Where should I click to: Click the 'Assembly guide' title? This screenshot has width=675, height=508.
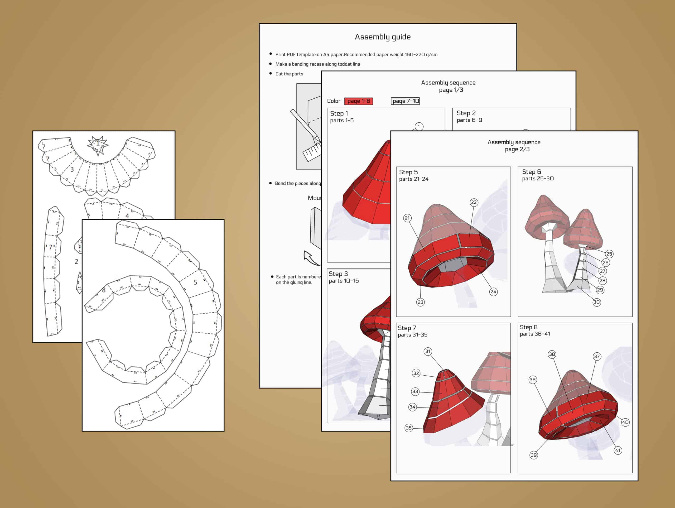[x=383, y=37]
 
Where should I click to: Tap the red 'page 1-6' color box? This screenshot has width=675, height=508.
[x=359, y=101]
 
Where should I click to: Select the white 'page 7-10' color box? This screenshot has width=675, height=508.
[x=405, y=101]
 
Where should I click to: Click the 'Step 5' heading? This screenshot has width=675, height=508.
[x=408, y=172]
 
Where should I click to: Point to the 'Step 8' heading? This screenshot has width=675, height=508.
[x=528, y=327]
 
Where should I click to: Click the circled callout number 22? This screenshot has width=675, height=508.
[x=474, y=202]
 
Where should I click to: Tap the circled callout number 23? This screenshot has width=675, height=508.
[x=421, y=302]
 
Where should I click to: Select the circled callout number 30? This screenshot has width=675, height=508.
[x=597, y=302]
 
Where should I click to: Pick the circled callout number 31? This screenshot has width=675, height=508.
[x=428, y=351]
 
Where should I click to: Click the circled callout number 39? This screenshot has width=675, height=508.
[x=533, y=455]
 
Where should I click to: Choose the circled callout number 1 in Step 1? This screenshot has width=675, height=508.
[x=419, y=127]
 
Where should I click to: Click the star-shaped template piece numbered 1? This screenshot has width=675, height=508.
[x=98, y=143]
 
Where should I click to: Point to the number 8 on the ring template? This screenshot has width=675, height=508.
[x=104, y=290]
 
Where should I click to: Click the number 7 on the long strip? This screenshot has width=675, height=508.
[x=51, y=247]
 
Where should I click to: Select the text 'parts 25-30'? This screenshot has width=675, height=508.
[x=538, y=179]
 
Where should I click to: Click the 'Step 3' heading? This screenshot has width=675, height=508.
[x=338, y=274]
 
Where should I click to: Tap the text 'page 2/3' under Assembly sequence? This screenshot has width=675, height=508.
[x=517, y=149]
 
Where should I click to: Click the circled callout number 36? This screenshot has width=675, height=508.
[x=533, y=380]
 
